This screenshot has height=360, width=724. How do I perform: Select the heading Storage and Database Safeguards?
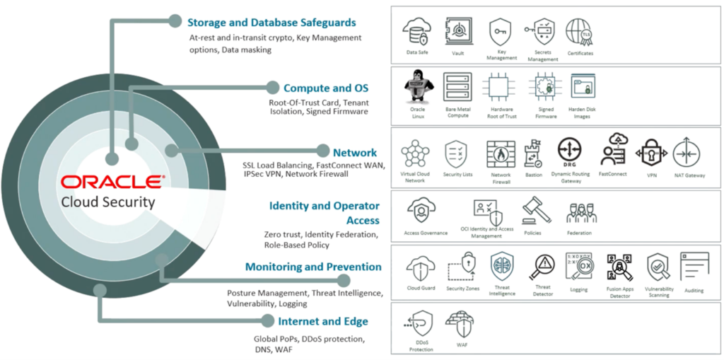tap(271, 23)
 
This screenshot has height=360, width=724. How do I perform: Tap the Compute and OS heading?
tap(326, 88)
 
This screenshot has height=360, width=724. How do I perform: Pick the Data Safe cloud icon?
tap(416, 33)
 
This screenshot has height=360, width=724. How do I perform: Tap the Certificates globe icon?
tap(579, 32)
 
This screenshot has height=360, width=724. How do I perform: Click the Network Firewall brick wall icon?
tap(501, 153)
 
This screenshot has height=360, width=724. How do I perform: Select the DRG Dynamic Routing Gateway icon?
tap(569, 150)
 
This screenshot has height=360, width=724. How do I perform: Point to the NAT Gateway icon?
tap(685, 153)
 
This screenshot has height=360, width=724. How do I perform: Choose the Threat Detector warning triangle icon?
tap(543, 267)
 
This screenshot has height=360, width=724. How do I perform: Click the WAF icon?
tap(460, 325)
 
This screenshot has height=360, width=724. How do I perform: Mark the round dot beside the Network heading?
tap(323, 151)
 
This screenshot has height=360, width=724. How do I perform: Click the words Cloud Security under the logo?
tap(108, 202)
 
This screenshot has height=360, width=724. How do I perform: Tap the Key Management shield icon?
tap(501, 33)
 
